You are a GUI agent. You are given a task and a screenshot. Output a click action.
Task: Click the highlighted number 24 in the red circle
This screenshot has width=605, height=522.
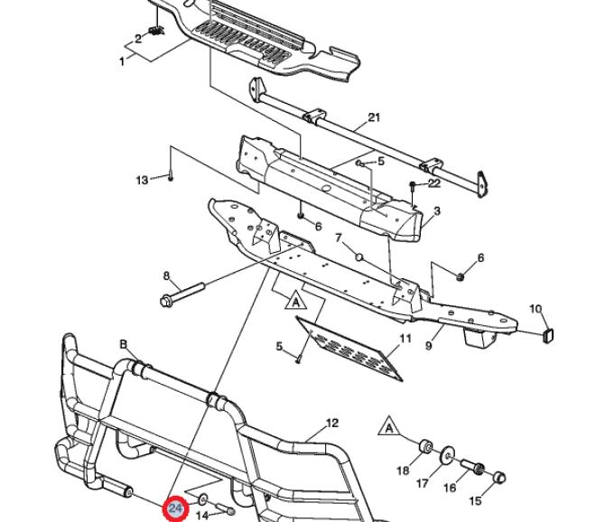tap(176, 508)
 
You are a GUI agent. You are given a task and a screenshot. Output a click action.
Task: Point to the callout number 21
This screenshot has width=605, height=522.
tap(375, 118)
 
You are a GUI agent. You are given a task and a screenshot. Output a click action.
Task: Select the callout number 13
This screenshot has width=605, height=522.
tap(142, 181)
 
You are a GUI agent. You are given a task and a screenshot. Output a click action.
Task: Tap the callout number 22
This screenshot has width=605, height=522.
tap(434, 182)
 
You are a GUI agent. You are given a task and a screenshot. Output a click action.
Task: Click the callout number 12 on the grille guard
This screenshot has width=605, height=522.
tap(331, 423)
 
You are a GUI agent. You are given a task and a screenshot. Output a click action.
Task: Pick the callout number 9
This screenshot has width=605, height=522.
tap(429, 343)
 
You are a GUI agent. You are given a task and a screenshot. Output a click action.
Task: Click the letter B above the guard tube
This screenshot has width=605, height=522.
tap(124, 344)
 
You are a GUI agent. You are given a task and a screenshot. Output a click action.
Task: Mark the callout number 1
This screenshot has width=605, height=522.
tap(122, 61)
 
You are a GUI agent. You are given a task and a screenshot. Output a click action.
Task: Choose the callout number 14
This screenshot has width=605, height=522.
tap(202, 515)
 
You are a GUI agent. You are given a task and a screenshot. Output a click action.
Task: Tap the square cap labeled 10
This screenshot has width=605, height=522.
tap(547, 338)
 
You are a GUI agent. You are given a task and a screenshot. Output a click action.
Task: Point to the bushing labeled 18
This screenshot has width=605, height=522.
tap(422, 445)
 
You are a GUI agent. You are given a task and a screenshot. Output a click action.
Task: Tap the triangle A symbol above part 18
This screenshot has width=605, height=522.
tap(389, 424)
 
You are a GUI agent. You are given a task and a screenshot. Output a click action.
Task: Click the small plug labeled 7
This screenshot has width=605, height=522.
tap(358, 256)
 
